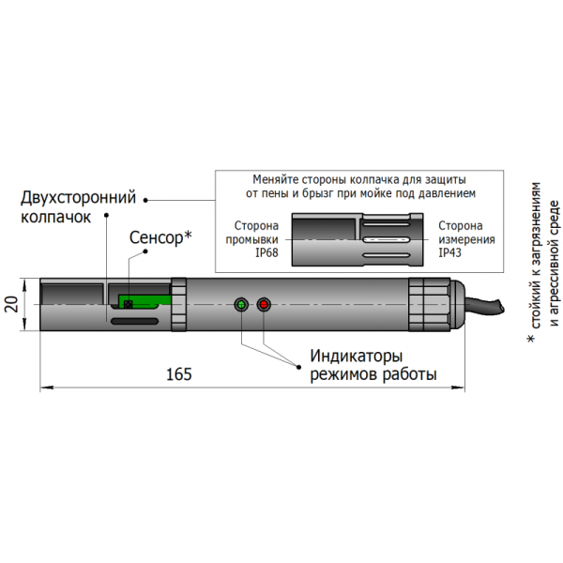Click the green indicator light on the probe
click(242, 305)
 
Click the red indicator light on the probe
click(264, 305)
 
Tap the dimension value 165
click(178, 373)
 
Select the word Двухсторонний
click(79, 198)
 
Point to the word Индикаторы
click(357, 358)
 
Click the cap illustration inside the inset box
click(352, 239)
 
